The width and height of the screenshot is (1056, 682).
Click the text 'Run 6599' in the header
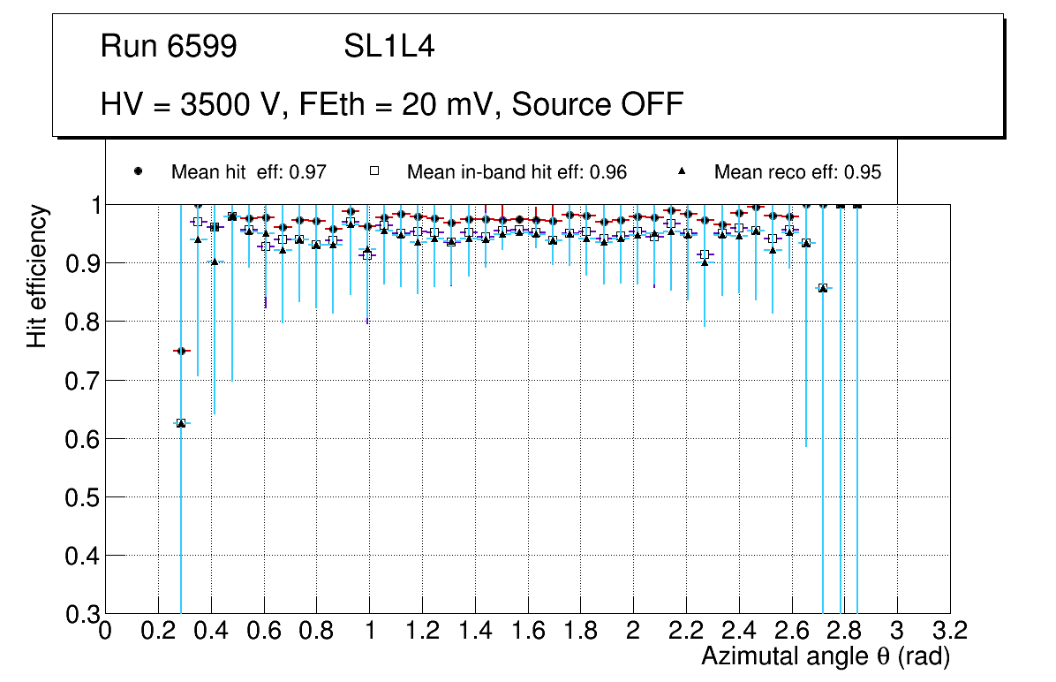(x=169, y=47)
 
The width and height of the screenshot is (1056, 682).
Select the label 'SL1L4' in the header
(x=388, y=47)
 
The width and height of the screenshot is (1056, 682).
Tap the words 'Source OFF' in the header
(x=598, y=104)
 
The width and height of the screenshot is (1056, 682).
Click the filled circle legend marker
(x=138, y=171)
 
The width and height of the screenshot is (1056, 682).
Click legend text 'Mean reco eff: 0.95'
(x=797, y=172)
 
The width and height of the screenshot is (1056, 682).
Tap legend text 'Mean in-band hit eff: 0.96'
(x=517, y=172)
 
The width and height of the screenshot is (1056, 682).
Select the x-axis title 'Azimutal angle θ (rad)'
(x=826, y=656)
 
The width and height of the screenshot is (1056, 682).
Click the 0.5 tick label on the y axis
(x=79, y=496)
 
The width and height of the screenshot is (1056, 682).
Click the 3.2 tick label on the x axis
(x=950, y=630)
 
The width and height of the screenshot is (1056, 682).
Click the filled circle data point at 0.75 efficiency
(x=181, y=351)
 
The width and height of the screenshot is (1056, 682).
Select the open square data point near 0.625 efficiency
(x=181, y=423)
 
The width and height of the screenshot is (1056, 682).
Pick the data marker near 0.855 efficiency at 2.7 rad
(x=823, y=287)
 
